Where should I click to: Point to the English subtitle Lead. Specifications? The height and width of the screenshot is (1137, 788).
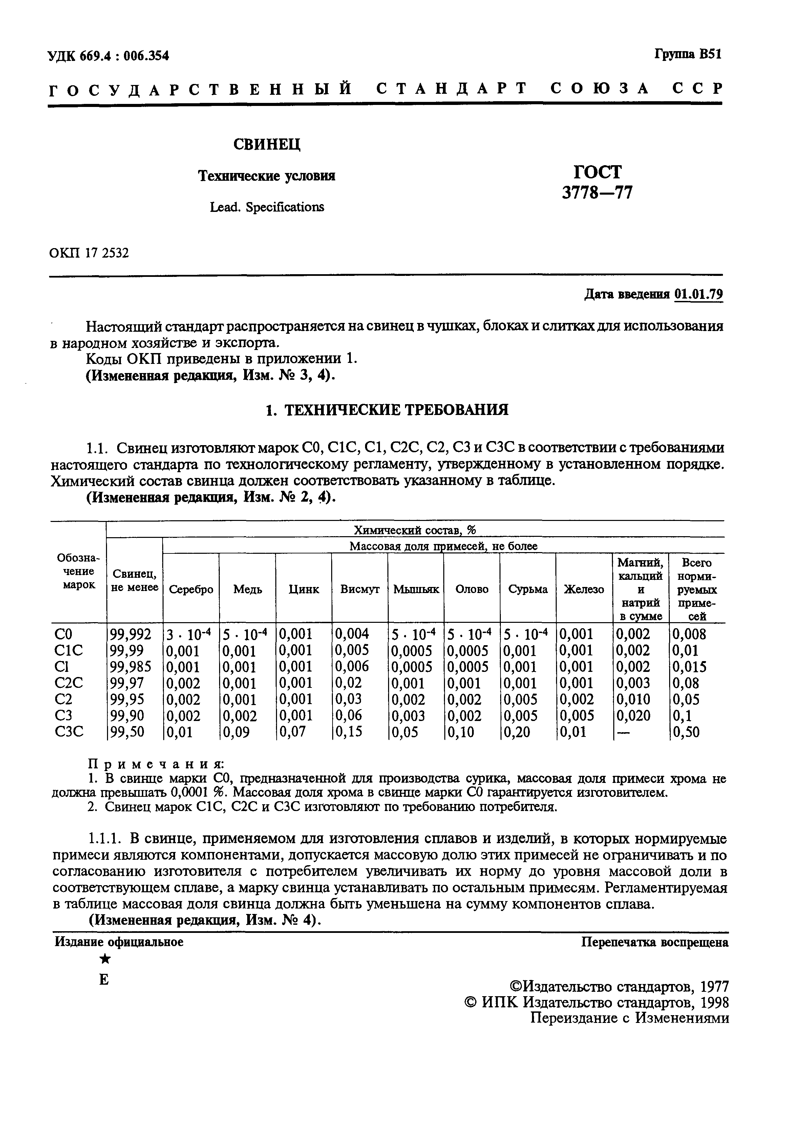[267, 207]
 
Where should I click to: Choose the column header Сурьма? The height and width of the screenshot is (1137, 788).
[528, 589]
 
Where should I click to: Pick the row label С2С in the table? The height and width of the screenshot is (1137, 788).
[69, 683]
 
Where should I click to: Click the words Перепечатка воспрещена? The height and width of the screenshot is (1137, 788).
[654, 942]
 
